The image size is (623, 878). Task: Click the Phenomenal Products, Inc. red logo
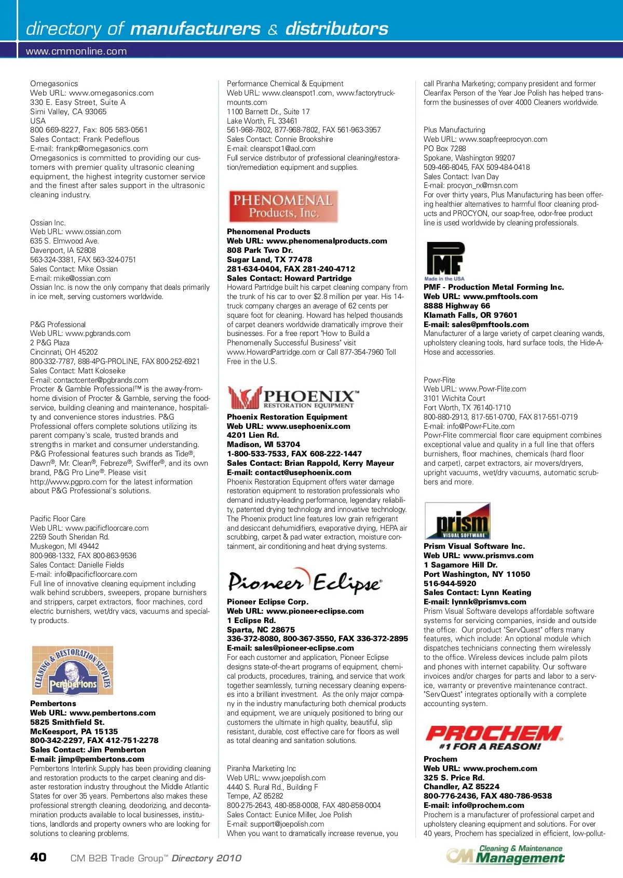click(x=283, y=206)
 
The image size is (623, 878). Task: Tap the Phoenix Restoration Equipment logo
click(x=293, y=398)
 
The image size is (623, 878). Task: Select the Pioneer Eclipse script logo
click(x=305, y=582)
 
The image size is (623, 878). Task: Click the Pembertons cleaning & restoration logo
click(x=73, y=670)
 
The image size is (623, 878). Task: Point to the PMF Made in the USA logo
click(x=445, y=261)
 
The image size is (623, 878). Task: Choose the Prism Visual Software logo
click(x=457, y=521)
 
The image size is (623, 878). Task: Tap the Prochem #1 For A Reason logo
click(x=494, y=738)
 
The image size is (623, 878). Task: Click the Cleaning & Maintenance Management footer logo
click(x=505, y=854)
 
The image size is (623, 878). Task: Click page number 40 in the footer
click(x=38, y=857)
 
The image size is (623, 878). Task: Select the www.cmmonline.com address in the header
click(x=76, y=51)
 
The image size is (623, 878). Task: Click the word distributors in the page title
click(x=336, y=29)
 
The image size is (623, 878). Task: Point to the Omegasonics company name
click(x=54, y=84)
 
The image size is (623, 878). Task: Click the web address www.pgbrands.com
click(x=98, y=333)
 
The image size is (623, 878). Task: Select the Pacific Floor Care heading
click(x=58, y=519)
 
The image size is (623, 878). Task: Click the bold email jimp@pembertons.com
click(x=101, y=759)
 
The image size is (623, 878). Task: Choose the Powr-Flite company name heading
click(x=439, y=380)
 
